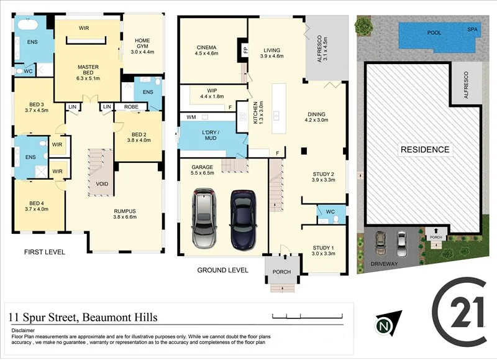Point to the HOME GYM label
(142, 42)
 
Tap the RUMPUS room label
(124, 211)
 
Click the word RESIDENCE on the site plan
(425, 150)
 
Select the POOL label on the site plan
(434, 32)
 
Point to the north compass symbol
(387, 324)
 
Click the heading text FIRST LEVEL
(44, 252)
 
